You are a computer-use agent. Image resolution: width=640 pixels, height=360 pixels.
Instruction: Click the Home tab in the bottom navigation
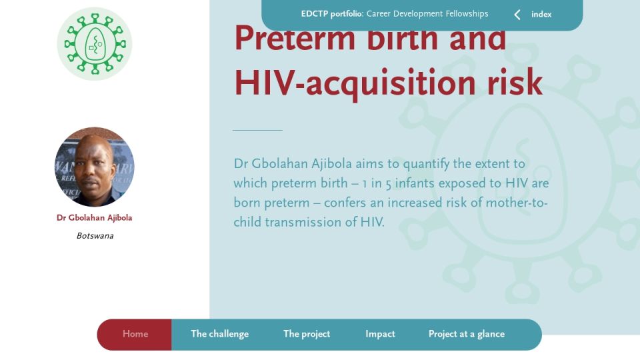pyautogui.click(x=135, y=334)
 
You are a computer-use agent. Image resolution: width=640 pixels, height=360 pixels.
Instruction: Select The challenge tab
pyautogui.click(x=219, y=334)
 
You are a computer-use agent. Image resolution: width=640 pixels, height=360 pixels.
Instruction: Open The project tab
pyautogui.click(x=307, y=334)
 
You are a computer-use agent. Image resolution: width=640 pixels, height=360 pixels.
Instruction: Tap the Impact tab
pyautogui.click(x=380, y=334)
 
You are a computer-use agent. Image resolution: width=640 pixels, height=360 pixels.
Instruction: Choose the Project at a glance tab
pyautogui.click(x=467, y=334)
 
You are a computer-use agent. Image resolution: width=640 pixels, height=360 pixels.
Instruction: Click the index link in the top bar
pyautogui.click(x=541, y=14)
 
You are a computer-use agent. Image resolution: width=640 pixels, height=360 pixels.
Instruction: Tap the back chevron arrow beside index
pyautogui.click(x=517, y=15)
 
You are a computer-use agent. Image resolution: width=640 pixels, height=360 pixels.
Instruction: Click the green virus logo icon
pyautogui.click(x=95, y=44)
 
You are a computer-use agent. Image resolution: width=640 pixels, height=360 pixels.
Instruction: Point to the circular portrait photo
pyautogui.click(x=94, y=167)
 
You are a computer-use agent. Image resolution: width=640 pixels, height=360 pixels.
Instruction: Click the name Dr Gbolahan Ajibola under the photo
pyautogui.click(x=94, y=217)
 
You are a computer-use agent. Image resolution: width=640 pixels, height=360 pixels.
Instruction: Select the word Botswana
pyautogui.click(x=95, y=235)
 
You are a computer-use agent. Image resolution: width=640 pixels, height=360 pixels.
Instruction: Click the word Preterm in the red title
pyautogui.click(x=295, y=38)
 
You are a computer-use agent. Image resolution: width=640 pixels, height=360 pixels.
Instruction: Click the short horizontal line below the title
pyautogui.click(x=257, y=130)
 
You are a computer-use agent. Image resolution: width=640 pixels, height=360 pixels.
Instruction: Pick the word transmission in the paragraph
pyautogui.click(x=311, y=223)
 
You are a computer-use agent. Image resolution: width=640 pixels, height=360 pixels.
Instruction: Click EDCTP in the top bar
pyautogui.click(x=314, y=14)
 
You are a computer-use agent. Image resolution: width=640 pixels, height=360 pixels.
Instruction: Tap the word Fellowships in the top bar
pyautogui.click(x=467, y=14)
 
